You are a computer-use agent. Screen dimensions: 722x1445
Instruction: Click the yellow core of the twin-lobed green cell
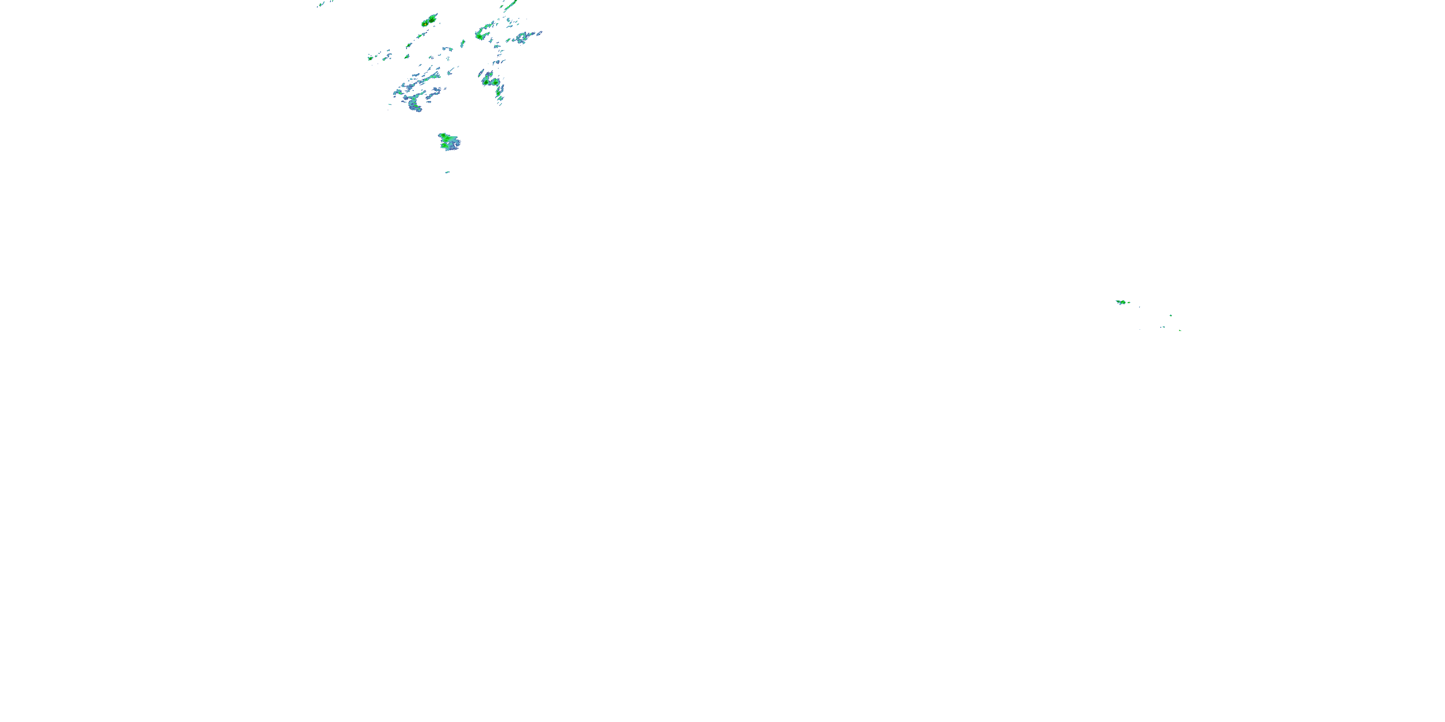425,24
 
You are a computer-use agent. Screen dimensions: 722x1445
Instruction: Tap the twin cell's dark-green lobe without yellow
433,19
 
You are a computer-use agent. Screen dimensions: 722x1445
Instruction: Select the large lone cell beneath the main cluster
449,142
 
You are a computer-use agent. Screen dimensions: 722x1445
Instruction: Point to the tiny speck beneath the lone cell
447,172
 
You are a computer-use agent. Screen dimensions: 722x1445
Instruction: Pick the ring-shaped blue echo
522,38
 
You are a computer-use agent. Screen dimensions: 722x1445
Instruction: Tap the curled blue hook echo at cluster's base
415,105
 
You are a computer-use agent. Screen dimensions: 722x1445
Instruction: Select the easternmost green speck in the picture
1180,330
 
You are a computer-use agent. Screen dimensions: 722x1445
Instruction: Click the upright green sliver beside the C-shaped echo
462,43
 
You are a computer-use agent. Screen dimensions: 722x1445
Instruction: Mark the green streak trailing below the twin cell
420,36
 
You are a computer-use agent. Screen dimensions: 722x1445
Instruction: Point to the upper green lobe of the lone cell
444,137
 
